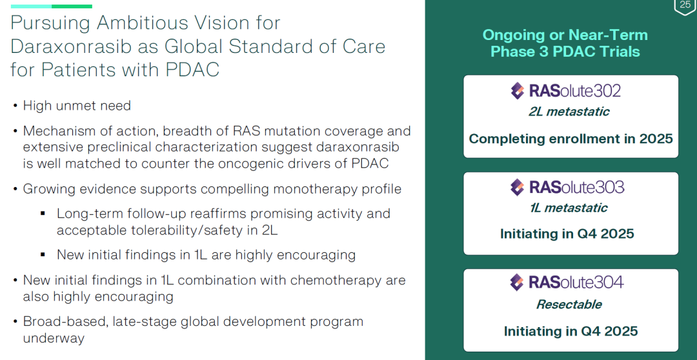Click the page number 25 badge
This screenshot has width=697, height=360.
point(685,6)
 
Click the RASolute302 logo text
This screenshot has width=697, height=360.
point(575,91)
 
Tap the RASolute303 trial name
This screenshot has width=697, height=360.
point(576,187)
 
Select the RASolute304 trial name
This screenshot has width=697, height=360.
point(576,282)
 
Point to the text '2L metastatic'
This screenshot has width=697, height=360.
point(569,111)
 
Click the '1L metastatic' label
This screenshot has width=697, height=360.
point(569,208)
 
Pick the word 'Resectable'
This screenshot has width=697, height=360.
point(569,305)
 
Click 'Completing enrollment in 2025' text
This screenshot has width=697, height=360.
point(571,139)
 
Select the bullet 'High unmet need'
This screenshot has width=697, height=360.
point(77,106)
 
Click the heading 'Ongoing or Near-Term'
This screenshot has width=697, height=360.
point(565,35)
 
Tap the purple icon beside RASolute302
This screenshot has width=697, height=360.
point(518,91)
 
